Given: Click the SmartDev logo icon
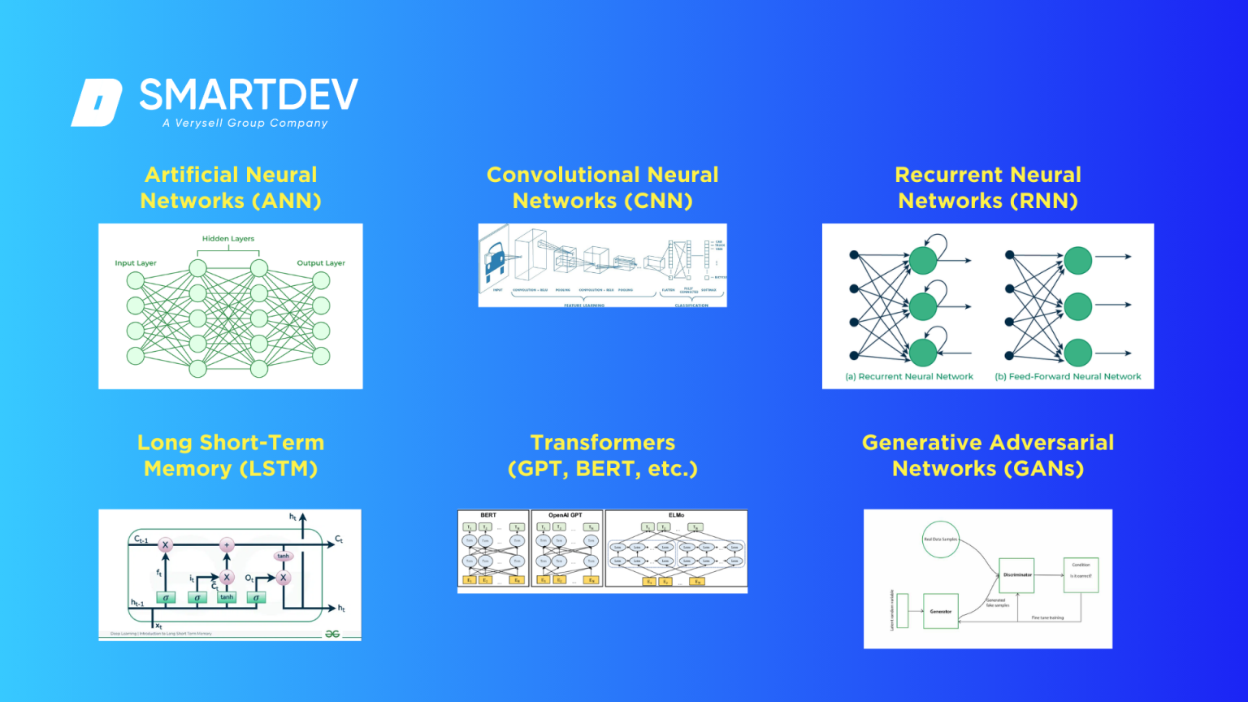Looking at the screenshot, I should pos(97,102).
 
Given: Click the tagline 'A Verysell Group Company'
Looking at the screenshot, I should pos(245,123).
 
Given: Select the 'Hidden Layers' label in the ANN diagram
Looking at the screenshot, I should pos(228,239).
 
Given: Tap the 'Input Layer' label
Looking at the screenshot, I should pos(136,263).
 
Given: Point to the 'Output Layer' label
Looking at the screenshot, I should pos(321,263).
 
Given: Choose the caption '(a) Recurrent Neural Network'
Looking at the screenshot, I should pos(909,377).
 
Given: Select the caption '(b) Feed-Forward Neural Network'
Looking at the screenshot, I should pos(1068,377).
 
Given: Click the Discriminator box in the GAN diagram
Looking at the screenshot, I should pos(1016,575).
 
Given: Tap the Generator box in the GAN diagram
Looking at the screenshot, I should pos(941,611).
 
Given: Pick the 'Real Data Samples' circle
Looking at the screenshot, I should pos(940,539).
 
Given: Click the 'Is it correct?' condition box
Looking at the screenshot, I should pos(1081,575).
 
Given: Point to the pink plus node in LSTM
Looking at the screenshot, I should pos(227,545).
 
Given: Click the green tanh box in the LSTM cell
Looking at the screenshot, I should pos(227,597).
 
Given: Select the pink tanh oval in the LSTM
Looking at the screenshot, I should pos(283,557).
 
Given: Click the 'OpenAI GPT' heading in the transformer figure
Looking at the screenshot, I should pos(565,515).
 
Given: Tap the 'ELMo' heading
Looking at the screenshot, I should pos(676,515).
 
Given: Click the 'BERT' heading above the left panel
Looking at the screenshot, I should pos(488,515).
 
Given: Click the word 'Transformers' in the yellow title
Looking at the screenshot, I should pos(602,443).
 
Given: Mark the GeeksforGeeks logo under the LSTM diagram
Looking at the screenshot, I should pos(332,634).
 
